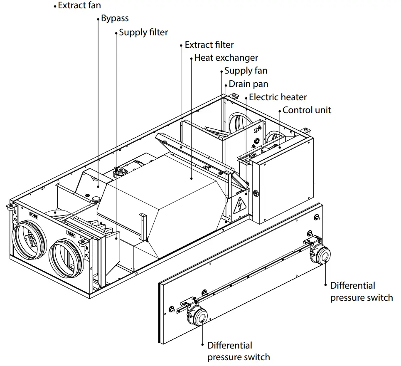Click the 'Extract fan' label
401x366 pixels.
tap(79, 6)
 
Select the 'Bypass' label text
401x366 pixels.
tap(115, 19)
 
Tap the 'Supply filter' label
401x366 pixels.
tap(143, 32)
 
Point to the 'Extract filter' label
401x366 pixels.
tap(209, 45)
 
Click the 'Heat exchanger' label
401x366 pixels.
tap(226, 58)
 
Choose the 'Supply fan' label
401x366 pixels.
tap(246, 71)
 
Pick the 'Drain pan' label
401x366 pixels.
tap(248, 84)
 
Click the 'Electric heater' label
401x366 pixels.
tap(278, 97)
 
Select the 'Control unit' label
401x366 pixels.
tap(307, 110)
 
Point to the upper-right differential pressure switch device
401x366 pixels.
tap(321, 254)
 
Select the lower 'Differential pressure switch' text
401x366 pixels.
tap(238, 351)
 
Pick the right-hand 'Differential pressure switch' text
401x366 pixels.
tap(361, 292)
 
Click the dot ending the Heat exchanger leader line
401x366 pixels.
tap(192, 178)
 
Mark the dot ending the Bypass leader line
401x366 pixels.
tap(98, 187)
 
